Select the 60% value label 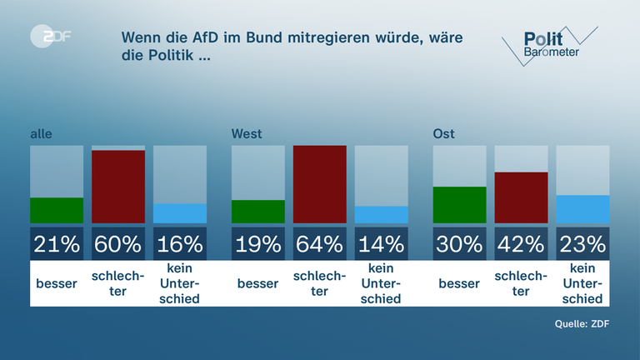pyautogui.click(x=117, y=243)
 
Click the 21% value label pyautogui.click(x=57, y=243)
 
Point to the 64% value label pyautogui.click(x=320, y=243)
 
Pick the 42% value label pyautogui.click(x=521, y=243)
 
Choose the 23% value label pyautogui.click(x=582, y=243)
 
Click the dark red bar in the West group pyautogui.click(x=320, y=184)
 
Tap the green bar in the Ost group pyautogui.click(x=459, y=205)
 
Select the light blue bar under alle pyautogui.click(x=180, y=213)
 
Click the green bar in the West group pyautogui.click(x=258, y=212)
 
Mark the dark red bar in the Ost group pyautogui.click(x=521, y=197)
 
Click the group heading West pyautogui.click(x=247, y=133)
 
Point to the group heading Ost pyautogui.click(x=443, y=133)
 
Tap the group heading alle pyautogui.click(x=40, y=133)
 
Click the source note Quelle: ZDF pyautogui.click(x=582, y=324)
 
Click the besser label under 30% pyautogui.click(x=459, y=283)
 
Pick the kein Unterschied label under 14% pyautogui.click(x=382, y=283)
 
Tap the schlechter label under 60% pyautogui.click(x=117, y=283)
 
